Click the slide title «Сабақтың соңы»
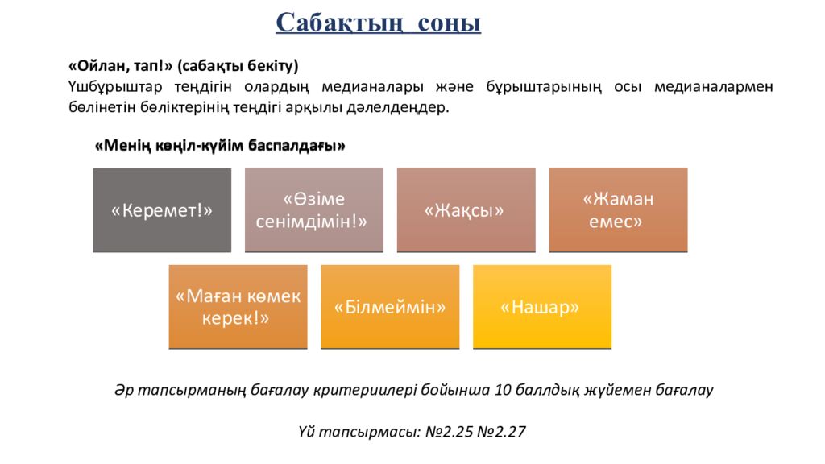click(x=378, y=23)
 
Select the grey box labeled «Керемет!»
click(x=162, y=210)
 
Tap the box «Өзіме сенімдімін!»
click(x=313, y=210)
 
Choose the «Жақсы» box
click(x=465, y=210)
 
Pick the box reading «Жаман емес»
click(x=618, y=210)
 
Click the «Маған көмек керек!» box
click(x=238, y=307)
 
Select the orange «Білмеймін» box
click(x=390, y=307)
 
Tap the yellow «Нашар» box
click(x=541, y=307)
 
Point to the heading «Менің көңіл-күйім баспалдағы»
click(x=220, y=146)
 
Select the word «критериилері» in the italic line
click(x=367, y=390)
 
